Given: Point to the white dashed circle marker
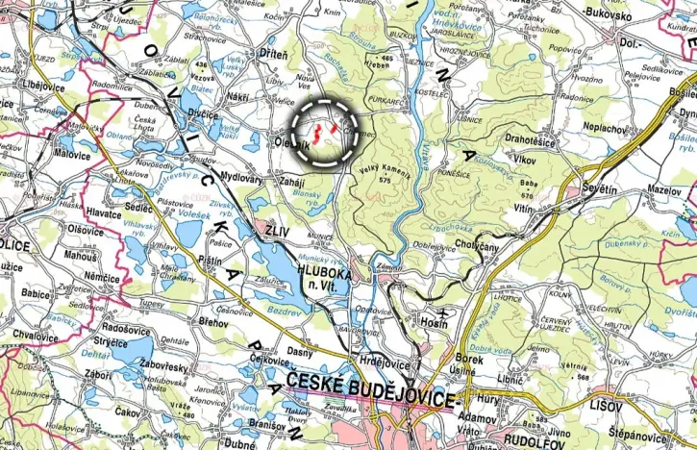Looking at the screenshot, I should coord(325,132).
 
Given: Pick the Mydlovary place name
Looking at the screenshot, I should coord(240,178).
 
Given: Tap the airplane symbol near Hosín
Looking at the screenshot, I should coord(441,313).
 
